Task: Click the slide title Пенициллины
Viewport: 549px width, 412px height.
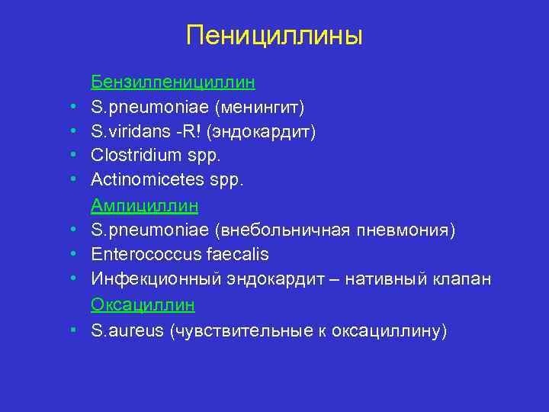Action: tap(274, 35)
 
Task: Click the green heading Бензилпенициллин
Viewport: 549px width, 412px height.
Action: tap(173, 81)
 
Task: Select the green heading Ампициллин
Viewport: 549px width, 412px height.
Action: tap(145, 205)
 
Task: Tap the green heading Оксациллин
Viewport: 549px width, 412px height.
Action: tap(143, 304)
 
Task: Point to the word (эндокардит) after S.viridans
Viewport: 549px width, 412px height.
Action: tap(266, 131)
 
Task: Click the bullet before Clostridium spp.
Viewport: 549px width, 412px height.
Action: tap(70, 156)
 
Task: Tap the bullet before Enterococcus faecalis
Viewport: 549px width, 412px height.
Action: tap(70, 255)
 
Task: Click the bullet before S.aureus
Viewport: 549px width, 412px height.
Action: tap(70, 330)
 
